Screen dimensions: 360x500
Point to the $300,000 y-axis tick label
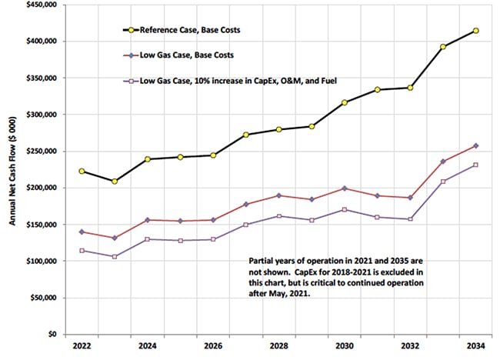(40, 114)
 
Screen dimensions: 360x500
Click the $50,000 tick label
(42, 298)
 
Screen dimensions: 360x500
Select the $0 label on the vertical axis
(52, 335)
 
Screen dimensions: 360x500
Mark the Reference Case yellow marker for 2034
(476, 31)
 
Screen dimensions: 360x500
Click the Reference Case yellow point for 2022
(82, 171)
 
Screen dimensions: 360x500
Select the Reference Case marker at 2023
(115, 182)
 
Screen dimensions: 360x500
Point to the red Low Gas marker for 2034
(476, 145)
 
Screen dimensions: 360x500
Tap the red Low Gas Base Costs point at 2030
(345, 188)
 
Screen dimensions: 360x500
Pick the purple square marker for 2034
(476, 165)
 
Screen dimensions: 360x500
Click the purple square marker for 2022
(82, 251)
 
